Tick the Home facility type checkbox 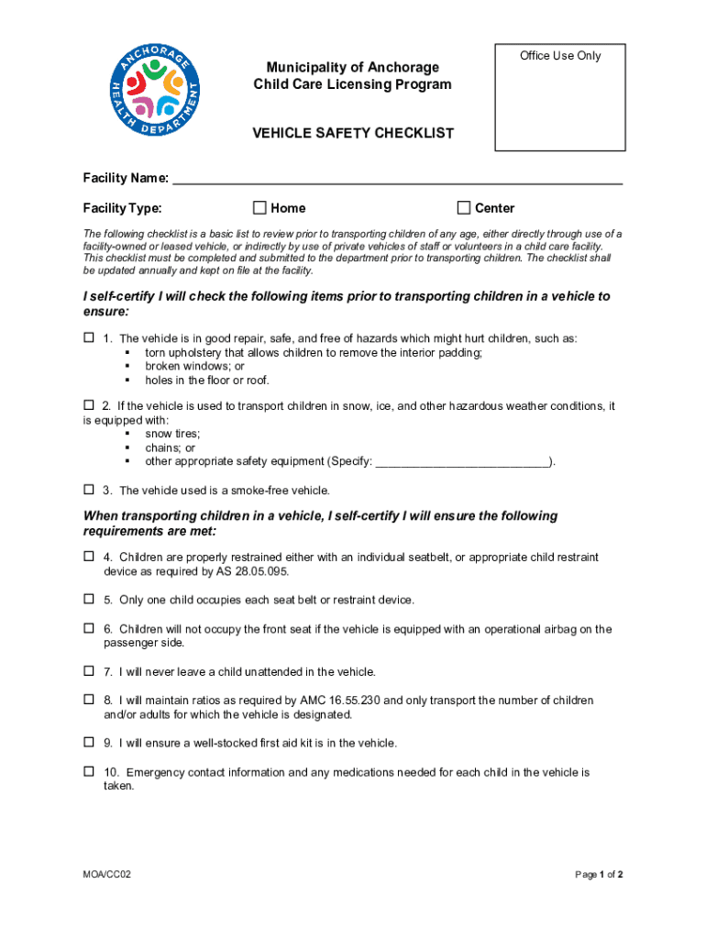tap(259, 207)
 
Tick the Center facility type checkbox tap(464, 207)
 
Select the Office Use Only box tap(559, 97)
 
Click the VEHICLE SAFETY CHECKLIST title tap(353, 133)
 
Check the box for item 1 tap(89, 337)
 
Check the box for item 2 tap(89, 404)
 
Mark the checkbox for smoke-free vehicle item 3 tap(89, 490)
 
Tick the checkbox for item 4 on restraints tap(89, 557)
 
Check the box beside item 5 tap(89, 599)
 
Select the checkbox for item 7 tap(89, 671)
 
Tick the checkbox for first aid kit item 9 tap(89, 742)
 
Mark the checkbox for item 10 tap(89, 771)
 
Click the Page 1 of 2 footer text tap(599, 875)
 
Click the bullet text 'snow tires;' tap(172, 434)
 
